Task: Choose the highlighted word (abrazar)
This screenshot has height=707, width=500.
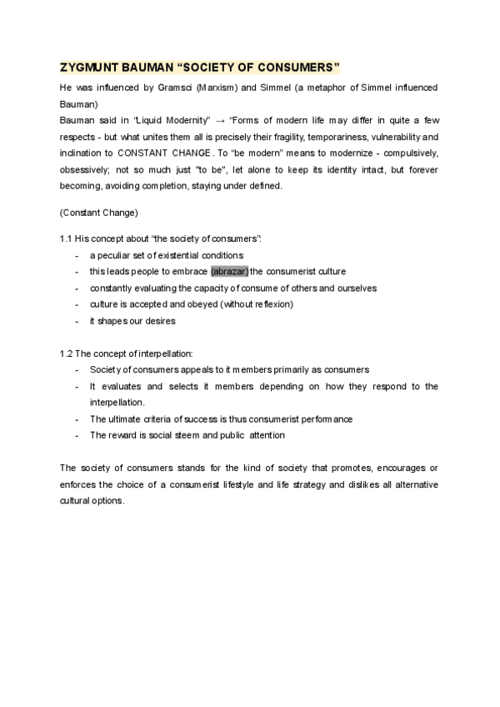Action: tap(230, 271)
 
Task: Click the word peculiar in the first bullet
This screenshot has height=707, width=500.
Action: tap(118, 255)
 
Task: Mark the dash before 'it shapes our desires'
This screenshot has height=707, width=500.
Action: tap(77, 320)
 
